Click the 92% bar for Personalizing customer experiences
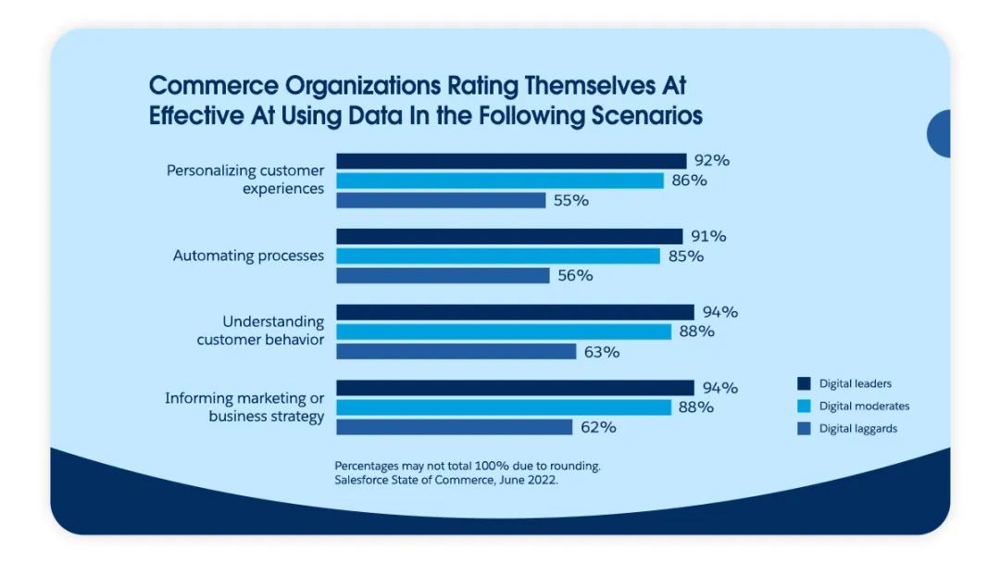[x=511, y=161]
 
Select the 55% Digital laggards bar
[x=441, y=200]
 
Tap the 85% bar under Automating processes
[x=498, y=256]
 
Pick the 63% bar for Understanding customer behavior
[x=456, y=352]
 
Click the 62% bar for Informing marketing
[x=454, y=427]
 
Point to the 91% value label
[x=708, y=236]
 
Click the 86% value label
[x=689, y=181]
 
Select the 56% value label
[x=575, y=276]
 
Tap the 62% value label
[x=597, y=427]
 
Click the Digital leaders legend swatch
[x=804, y=383]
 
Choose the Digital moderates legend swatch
[x=804, y=406]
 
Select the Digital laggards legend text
[x=858, y=429]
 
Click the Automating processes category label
[x=248, y=256]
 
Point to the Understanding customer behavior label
[x=260, y=331]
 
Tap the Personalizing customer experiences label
[x=245, y=180]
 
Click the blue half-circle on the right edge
[x=939, y=133]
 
